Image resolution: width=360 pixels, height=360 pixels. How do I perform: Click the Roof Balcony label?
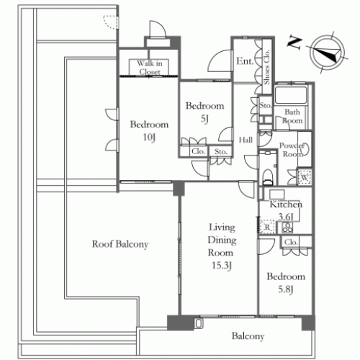(120, 244)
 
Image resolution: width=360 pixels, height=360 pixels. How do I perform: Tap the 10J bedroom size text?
(149, 138)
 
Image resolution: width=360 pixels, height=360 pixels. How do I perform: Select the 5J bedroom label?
(204, 112)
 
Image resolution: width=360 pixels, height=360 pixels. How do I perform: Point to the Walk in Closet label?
(149, 68)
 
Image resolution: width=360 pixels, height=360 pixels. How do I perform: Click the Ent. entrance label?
(245, 61)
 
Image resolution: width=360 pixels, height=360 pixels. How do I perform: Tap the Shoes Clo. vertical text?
(266, 67)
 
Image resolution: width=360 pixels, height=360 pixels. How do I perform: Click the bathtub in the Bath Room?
(291, 95)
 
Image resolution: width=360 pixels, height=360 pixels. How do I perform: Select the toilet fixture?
(268, 177)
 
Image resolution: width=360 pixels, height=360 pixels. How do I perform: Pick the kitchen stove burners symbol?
(287, 228)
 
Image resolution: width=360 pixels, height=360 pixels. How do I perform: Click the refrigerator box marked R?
(266, 226)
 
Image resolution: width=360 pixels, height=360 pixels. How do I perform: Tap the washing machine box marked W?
(305, 177)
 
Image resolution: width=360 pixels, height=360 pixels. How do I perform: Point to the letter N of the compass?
(294, 42)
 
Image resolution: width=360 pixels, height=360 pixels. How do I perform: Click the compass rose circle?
(327, 53)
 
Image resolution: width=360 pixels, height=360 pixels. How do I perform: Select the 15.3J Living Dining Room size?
(222, 266)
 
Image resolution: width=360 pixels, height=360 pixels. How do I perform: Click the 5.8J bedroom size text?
(286, 289)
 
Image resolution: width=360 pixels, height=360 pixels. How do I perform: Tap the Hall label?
(246, 140)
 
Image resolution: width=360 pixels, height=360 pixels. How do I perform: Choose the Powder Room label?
(292, 150)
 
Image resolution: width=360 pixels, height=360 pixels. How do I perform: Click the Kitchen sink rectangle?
(277, 194)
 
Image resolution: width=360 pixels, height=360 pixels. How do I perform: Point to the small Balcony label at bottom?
(248, 336)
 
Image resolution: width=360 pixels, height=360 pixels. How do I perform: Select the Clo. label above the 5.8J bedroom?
(291, 242)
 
